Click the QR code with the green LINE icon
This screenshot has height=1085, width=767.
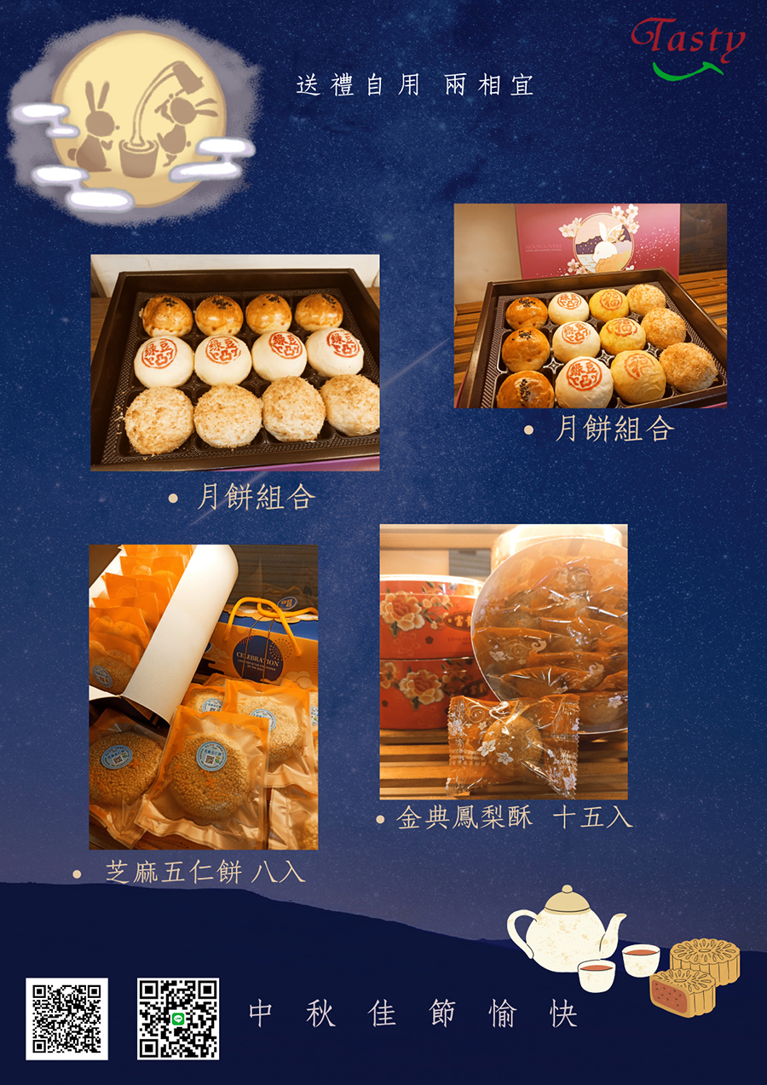click(178, 1019)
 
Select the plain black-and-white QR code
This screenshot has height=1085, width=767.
click(66, 1019)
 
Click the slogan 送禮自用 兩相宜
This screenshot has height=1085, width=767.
click(415, 85)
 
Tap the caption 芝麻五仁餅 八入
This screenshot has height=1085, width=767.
click(205, 872)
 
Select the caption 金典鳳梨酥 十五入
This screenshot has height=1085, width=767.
click(514, 817)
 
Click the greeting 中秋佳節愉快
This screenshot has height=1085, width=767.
click(413, 1014)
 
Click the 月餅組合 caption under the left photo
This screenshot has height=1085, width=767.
click(256, 496)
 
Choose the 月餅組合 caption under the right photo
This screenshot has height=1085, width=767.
click(614, 429)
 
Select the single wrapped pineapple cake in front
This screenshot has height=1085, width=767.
click(511, 738)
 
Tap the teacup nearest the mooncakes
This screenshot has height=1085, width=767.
click(641, 959)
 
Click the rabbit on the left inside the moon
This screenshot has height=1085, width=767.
click(90, 132)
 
